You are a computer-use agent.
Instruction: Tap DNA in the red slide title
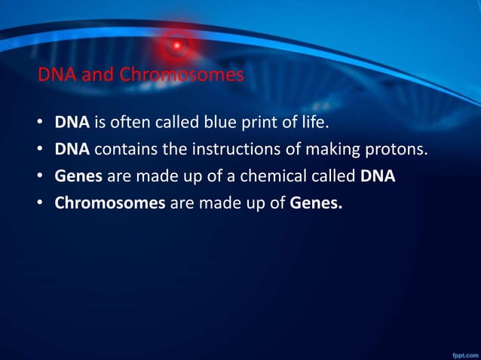(54, 75)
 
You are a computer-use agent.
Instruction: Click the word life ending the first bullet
(316, 122)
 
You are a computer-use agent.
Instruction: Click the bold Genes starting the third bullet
(78, 176)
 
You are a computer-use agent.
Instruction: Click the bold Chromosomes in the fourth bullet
(110, 203)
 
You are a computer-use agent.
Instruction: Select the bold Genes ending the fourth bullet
(316, 203)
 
